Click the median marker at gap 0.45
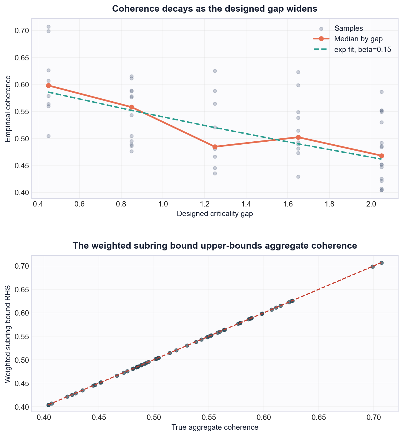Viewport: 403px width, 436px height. [48, 86]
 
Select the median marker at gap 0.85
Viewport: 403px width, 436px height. [131, 107]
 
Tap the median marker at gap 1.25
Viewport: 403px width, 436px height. [215, 147]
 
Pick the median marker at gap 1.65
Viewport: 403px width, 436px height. [298, 137]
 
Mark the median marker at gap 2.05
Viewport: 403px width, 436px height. [381, 156]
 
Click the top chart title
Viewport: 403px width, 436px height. [215, 9]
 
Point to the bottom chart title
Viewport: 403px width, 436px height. [215, 246]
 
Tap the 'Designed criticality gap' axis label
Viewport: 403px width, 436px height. [215, 214]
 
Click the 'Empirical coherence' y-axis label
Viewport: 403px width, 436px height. [8, 109]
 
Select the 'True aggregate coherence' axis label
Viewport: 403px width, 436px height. [215, 427]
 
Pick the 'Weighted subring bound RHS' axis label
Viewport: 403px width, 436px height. [8, 334]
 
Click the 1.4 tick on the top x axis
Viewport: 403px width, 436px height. [246, 204]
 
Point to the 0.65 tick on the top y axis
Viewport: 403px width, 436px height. [22, 58]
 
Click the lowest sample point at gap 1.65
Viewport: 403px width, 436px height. [298, 177]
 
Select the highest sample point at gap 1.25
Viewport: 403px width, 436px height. [215, 71]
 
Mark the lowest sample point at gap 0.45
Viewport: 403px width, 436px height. [48, 136]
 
